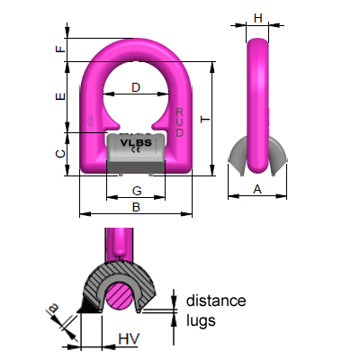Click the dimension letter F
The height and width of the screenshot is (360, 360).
[x=61, y=49]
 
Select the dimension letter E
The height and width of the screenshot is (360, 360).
[x=61, y=96]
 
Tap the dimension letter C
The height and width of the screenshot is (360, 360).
[x=61, y=154]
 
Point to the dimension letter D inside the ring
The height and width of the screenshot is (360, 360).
[x=136, y=87]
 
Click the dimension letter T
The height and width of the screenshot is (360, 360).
[x=205, y=120]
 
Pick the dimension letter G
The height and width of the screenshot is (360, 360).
[x=137, y=191]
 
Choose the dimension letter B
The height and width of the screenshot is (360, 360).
[x=136, y=207]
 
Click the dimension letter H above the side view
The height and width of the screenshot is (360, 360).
[x=258, y=18]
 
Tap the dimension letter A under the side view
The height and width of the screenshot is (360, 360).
[x=257, y=189]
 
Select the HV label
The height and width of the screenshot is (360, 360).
[x=129, y=339]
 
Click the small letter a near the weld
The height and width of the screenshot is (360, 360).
[x=53, y=308]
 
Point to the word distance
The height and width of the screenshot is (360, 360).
[x=216, y=301]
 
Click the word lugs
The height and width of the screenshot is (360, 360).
[x=201, y=321]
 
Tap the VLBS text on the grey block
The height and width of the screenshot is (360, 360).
[x=136, y=143]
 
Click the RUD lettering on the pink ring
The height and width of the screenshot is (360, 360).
[x=179, y=122]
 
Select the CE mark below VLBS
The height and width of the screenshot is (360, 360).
[x=136, y=150]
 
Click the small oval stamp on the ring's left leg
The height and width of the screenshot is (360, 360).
[x=90, y=121]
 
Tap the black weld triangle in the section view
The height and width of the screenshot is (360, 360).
[x=88, y=305]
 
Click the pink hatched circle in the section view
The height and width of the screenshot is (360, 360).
[x=120, y=295]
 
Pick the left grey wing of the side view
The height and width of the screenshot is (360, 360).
[x=238, y=156]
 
